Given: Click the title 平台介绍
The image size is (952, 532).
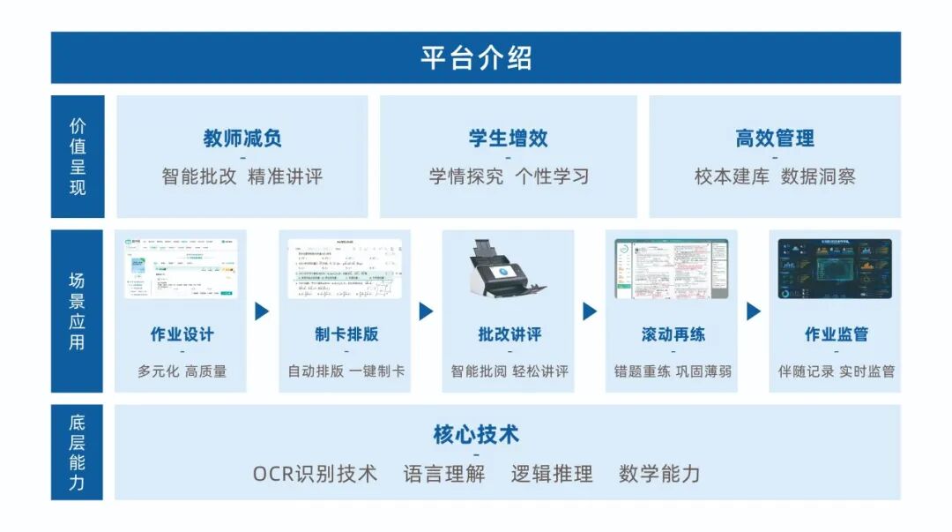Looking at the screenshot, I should (475, 58).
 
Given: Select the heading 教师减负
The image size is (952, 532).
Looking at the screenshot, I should (242, 139).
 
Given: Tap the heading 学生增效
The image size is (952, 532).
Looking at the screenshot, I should (508, 139).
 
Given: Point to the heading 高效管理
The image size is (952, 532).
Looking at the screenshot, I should (775, 139).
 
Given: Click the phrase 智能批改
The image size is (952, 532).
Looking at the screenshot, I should (200, 176).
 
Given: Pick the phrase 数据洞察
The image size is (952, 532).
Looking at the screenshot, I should (818, 176).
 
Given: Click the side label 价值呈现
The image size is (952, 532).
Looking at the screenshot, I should (78, 156).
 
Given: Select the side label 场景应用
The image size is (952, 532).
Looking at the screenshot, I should (78, 311).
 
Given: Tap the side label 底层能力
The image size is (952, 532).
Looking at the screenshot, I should (78, 453).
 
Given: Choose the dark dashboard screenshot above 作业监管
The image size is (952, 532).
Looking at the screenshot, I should (834, 268).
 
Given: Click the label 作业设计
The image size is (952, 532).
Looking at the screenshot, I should (182, 334).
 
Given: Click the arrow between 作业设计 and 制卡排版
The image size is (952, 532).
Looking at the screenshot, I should (262, 311).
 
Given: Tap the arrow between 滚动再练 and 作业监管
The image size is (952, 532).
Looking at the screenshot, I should (754, 311).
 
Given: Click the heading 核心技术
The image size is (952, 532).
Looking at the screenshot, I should (476, 435).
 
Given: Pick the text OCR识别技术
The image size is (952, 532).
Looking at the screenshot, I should (315, 474).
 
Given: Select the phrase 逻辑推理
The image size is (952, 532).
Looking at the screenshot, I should (552, 474).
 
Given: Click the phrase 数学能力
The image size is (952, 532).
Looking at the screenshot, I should (659, 474).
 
